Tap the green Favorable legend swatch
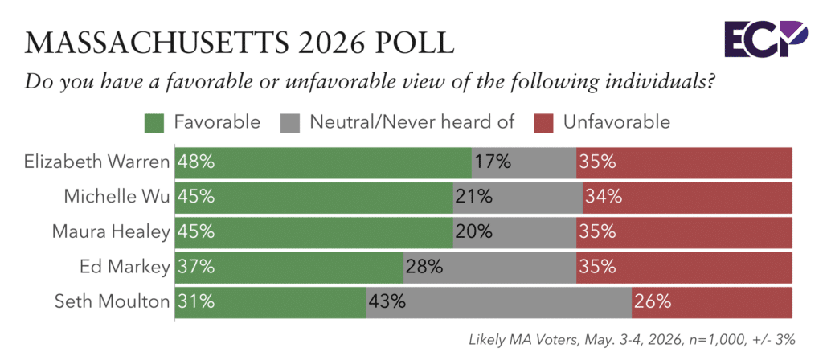(x=155, y=122)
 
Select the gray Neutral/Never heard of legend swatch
(x=290, y=122)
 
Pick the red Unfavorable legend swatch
(x=544, y=122)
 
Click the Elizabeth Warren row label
(x=97, y=162)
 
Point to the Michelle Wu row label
(x=117, y=197)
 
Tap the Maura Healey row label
(x=111, y=231)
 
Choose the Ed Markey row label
(x=125, y=267)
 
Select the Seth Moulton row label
(x=113, y=301)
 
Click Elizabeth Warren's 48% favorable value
(x=196, y=162)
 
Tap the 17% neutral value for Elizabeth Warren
(x=493, y=162)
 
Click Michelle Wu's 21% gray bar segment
(x=518, y=198)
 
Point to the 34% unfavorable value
(x=603, y=197)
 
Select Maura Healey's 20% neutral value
(x=473, y=231)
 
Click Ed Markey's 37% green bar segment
(x=289, y=267)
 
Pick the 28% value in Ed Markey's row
(x=423, y=267)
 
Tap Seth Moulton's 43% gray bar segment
(x=498, y=302)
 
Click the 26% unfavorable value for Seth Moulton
(x=652, y=301)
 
